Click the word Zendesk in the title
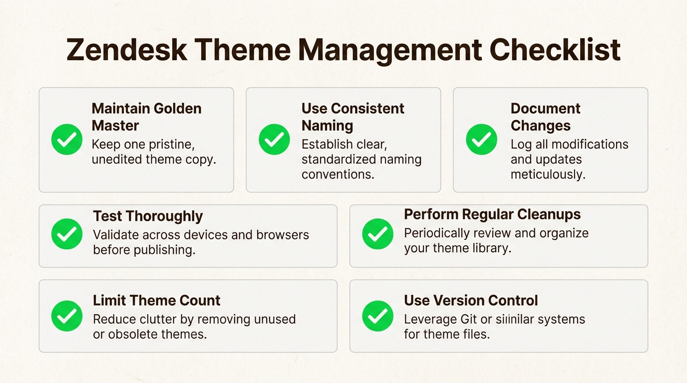tap(127, 50)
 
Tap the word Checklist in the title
tap(555, 50)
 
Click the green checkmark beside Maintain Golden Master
tap(67, 140)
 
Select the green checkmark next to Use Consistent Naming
tap(274, 140)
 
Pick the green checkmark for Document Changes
tap(481, 140)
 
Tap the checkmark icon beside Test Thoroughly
tap(67, 234)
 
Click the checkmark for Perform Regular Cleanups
tap(377, 234)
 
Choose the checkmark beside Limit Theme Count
tap(67, 316)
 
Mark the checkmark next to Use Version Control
tap(377, 316)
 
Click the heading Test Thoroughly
tap(148, 216)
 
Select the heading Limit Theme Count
tap(156, 300)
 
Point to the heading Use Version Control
tap(471, 300)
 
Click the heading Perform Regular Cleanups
tap(492, 214)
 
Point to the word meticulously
tap(548, 175)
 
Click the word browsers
tap(283, 235)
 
